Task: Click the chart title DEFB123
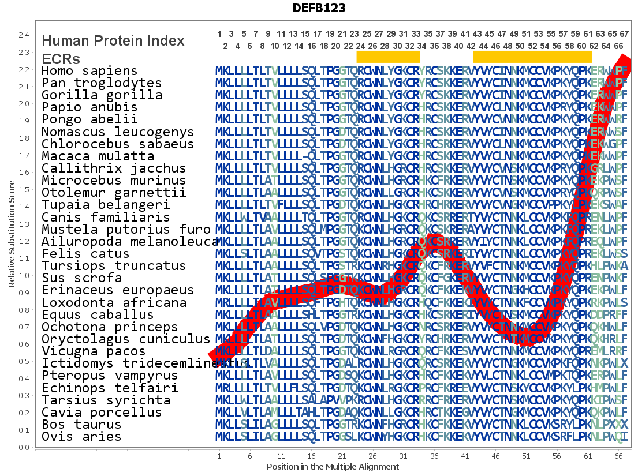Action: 319,8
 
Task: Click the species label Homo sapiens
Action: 89,71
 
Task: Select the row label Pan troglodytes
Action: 102,83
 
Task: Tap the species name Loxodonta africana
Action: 114,303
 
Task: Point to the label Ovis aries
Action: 81,437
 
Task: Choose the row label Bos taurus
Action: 81,425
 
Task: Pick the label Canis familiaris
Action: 106,218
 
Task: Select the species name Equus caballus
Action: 98,315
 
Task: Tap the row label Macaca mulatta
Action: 98,156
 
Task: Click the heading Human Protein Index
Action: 113,41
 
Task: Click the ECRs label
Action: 61,59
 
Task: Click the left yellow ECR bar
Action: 388,57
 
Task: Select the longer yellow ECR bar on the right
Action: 532,57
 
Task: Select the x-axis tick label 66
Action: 618,456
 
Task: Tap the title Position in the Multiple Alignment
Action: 333,466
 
